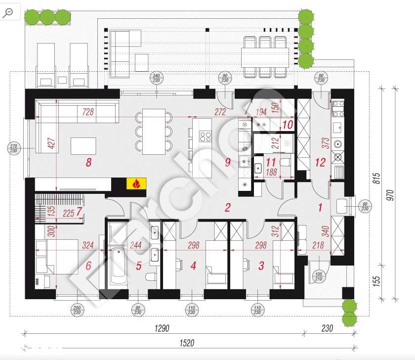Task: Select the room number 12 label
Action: (x=320, y=162)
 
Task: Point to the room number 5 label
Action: (x=139, y=266)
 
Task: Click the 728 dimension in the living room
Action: (x=88, y=113)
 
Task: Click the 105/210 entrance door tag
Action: (x=318, y=277)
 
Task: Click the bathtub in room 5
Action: (x=118, y=267)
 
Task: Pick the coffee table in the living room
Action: (x=83, y=146)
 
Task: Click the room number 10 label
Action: (x=288, y=124)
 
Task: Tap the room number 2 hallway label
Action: (x=228, y=208)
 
